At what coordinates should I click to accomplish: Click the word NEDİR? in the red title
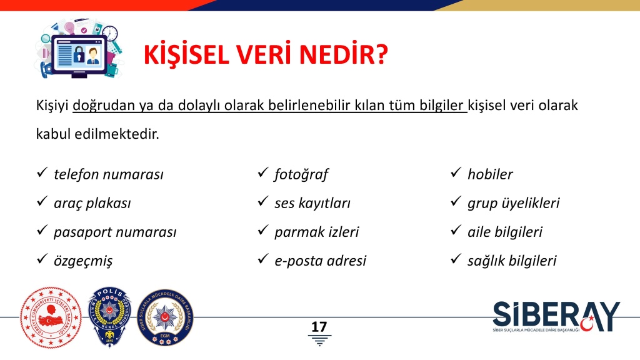pos(343,54)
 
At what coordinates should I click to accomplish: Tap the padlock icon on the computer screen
pos(79,54)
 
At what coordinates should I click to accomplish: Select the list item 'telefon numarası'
pos(109,174)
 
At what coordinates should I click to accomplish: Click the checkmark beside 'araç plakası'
pos(42,201)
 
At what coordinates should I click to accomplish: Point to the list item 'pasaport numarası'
pos(115,232)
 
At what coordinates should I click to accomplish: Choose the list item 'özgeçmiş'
pos(83,261)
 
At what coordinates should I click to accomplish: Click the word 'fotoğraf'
pos(301,174)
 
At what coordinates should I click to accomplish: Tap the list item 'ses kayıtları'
pos(312,203)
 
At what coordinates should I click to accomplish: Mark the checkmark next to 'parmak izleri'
pos(263,230)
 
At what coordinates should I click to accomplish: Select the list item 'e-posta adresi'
pos(321,261)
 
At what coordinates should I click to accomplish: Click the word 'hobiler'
pos(490,174)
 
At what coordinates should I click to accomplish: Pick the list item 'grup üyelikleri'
pos(514,203)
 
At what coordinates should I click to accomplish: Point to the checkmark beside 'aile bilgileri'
pos(456,230)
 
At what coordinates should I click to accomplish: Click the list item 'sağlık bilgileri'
pos(512,261)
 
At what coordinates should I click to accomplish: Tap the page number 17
pos(319,326)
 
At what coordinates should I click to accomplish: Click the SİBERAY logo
pos(556,317)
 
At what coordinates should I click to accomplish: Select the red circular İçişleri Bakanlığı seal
pos(51,317)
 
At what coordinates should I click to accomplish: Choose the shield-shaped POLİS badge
pos(110,317)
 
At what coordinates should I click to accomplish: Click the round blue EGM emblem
pos(165,317)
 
